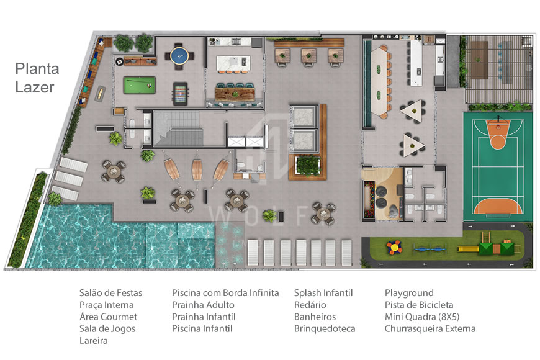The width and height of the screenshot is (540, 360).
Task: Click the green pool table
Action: (139, 84)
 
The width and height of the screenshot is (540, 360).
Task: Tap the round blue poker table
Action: (179, 55)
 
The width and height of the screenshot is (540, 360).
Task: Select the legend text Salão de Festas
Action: (110, 293)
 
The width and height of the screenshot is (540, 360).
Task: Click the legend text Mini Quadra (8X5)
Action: (422, 317)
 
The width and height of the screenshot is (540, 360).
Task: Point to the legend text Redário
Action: (310, 305)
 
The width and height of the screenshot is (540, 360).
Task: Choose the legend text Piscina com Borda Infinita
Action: (225, 293)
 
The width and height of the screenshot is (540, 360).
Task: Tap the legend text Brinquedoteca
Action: (325, 328)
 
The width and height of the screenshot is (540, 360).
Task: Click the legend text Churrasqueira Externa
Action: (430, 328)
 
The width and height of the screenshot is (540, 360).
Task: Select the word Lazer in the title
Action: (35, 88)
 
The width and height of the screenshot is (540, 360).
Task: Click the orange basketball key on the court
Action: (497, 135)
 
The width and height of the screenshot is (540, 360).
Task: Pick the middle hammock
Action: (197, 168)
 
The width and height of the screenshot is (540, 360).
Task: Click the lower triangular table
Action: (414, 144)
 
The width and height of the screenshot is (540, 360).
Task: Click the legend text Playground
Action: (409, 293)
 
